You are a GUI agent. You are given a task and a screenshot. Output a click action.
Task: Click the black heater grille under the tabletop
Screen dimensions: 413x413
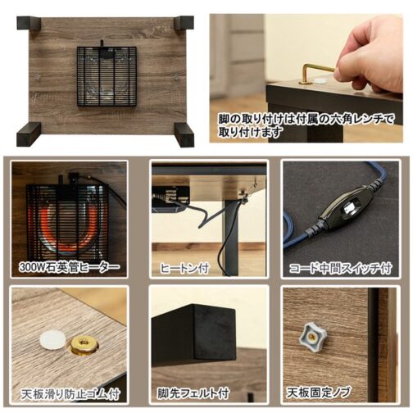point(107,76)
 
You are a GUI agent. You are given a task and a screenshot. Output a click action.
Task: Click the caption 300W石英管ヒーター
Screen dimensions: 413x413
point(70,267)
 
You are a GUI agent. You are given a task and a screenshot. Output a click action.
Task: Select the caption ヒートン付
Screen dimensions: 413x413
point(184,268)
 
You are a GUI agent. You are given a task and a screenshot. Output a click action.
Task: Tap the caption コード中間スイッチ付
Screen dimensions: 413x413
point(341,268)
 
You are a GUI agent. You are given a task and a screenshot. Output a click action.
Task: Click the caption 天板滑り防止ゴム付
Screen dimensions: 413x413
point(70,394)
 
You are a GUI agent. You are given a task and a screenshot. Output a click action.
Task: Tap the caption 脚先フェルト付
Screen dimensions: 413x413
point(193,393)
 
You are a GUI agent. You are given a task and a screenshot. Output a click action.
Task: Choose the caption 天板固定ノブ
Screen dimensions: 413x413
point(318,393)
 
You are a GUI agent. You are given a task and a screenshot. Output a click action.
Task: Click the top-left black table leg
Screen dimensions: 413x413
point(29,24)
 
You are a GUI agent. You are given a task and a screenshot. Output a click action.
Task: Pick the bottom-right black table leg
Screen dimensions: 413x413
point(184,134)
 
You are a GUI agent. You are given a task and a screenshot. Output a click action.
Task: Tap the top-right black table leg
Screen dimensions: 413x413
point(184,24)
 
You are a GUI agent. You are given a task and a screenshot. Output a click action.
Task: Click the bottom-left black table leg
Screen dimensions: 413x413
point(29,134)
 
